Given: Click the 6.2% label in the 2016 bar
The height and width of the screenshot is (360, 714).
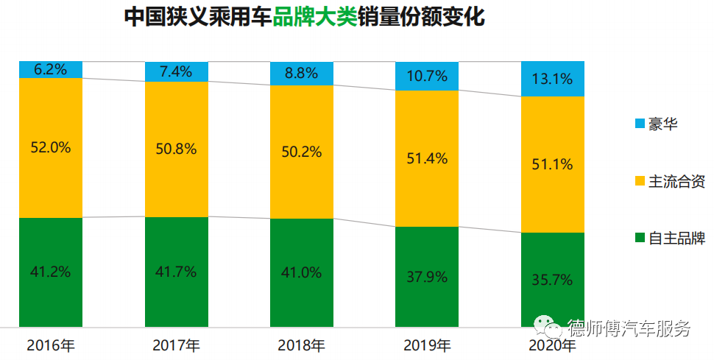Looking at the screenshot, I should click(x=51, y=70).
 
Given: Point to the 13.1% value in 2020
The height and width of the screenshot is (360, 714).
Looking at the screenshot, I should click(x=553, y=79).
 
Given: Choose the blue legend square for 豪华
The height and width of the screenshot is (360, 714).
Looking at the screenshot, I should click(x=637, y=124).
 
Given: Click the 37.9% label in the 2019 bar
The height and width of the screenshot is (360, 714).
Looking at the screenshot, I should click(x=427, y=277).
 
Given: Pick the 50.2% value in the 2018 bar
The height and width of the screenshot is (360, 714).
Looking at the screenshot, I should click(x=302, y=152).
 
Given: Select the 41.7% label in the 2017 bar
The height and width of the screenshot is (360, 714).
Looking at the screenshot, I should click(x=176, y=272).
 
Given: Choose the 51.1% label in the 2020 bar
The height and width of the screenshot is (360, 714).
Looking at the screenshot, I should click(x=553, y=164).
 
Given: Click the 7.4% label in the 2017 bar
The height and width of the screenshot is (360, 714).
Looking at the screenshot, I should click(x=176, y=71).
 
